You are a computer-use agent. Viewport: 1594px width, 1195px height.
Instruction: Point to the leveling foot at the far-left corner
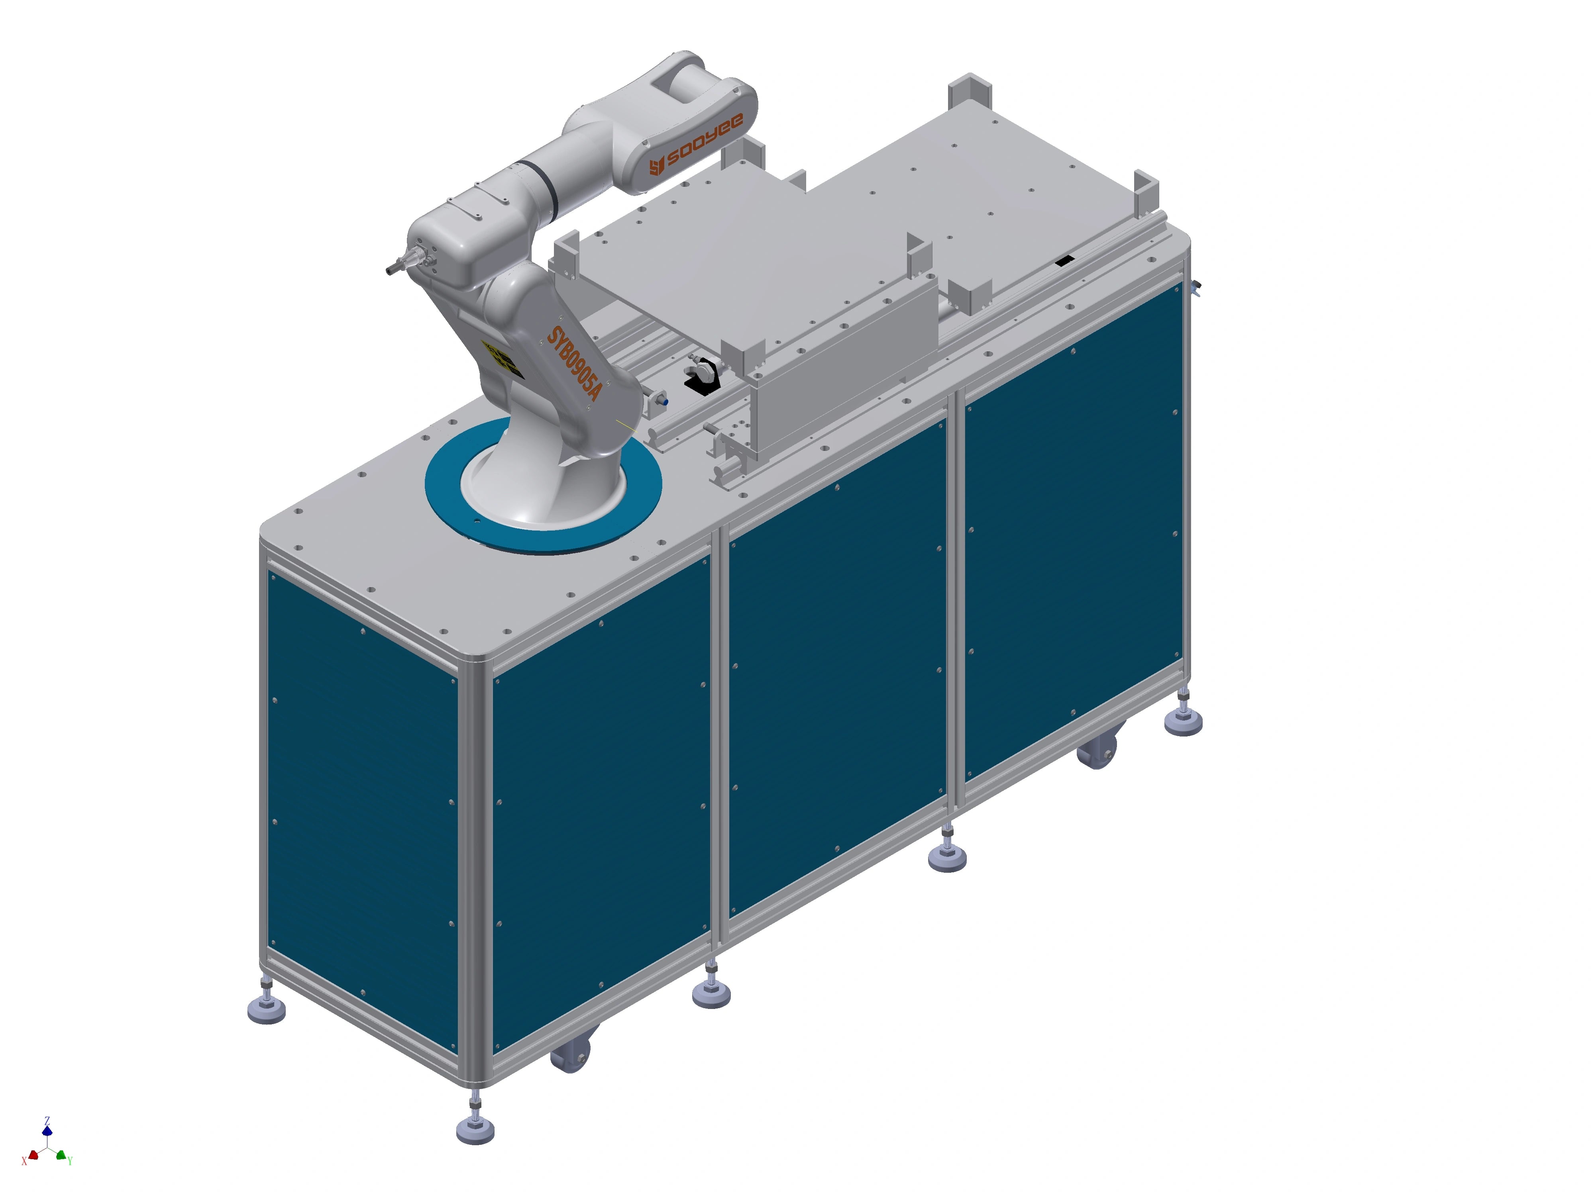(266, 1009)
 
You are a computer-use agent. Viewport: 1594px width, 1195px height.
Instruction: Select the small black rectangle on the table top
(1064, 260)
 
